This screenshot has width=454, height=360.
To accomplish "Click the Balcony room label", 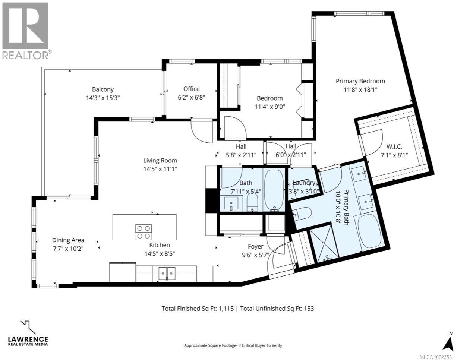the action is click(x=103, y=89).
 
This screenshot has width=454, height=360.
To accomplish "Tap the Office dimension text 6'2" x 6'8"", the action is click(x=192, y=97).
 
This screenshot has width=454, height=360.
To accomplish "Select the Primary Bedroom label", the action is click(x=360, y=81).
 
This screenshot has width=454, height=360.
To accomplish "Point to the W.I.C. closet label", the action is click(x=394, y=146).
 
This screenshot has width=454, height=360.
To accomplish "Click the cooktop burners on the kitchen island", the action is click(x=144, y=231).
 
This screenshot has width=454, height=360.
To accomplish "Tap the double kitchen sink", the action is click(x=167, y=274).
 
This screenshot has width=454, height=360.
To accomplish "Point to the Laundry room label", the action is click(x=304, y=183).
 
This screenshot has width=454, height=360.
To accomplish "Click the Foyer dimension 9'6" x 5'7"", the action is click(x=255, y=255).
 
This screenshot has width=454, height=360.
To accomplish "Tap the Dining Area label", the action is click(x=68, y=240).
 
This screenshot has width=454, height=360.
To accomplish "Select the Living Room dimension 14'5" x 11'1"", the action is click(x=160, y=169).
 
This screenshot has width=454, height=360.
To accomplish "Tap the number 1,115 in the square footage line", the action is click(x=226, y=309).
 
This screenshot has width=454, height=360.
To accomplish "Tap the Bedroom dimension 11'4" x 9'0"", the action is click(x=270, y=107).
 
